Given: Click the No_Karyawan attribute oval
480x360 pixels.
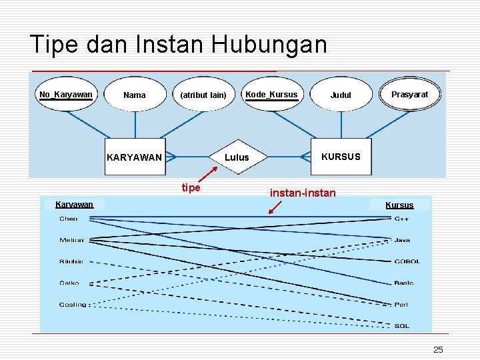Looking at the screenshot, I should click(66, 94).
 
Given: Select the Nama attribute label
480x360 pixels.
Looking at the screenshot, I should click(135, 95).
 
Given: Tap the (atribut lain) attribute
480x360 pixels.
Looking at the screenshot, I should click(203, 95).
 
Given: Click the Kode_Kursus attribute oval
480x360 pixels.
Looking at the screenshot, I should click(271, 95).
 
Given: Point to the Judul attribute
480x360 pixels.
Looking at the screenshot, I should click(341, 95).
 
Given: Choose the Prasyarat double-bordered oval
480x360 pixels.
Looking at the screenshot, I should click(409, 95).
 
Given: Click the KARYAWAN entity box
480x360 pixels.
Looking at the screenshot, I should click(135, 157).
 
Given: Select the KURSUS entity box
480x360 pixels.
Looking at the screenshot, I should click(340, 157).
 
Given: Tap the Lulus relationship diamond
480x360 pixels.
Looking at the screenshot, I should click(237, 157).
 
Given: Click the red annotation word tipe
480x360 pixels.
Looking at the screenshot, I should click(191, 188).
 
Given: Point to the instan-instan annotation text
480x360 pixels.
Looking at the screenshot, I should click(303, 193).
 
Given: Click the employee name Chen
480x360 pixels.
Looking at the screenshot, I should click(69, 219).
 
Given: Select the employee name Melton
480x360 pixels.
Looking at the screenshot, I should click(72, 240).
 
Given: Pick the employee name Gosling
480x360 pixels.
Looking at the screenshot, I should click(73, 305).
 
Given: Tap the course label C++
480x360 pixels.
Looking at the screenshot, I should click(402, 219).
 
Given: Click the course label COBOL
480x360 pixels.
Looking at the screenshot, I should click(407, 262).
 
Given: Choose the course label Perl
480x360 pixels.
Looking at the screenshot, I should click(401, 305).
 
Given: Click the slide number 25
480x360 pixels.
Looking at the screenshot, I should click(438, 350).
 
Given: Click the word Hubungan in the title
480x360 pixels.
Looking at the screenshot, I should click(270, 45).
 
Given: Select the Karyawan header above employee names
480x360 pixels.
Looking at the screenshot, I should click(74, 204).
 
